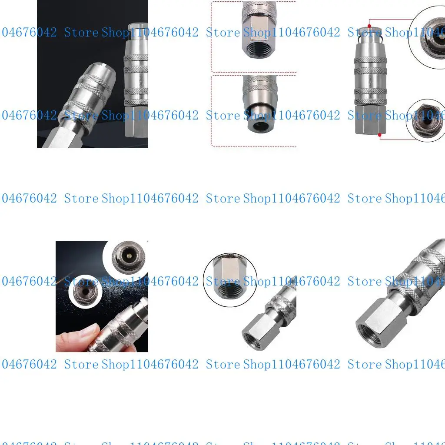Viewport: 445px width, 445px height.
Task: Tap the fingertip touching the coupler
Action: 83,334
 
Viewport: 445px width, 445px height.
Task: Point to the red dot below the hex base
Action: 380,135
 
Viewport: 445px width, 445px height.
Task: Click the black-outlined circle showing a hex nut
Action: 230,280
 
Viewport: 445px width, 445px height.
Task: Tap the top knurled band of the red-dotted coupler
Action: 370,59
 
